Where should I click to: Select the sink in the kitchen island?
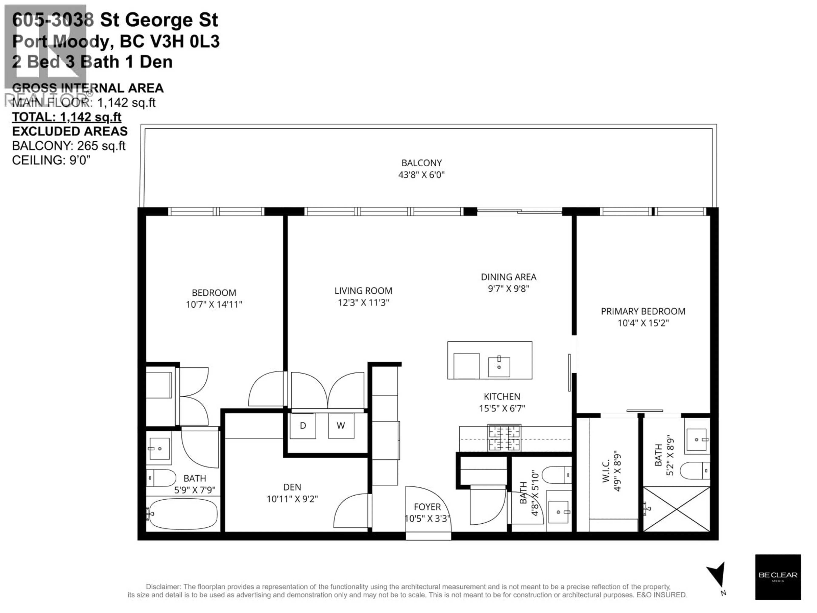[499, 367]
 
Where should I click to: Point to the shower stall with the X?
[677, 509]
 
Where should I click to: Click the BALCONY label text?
[421, 163]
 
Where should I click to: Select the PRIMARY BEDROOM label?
[643, 311]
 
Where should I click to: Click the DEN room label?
[292, 487]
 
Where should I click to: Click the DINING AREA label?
[508, 277]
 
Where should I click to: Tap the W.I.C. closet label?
[606, 471]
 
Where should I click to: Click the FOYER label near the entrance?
[427, 507]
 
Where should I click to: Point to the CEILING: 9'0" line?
[51, 160]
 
